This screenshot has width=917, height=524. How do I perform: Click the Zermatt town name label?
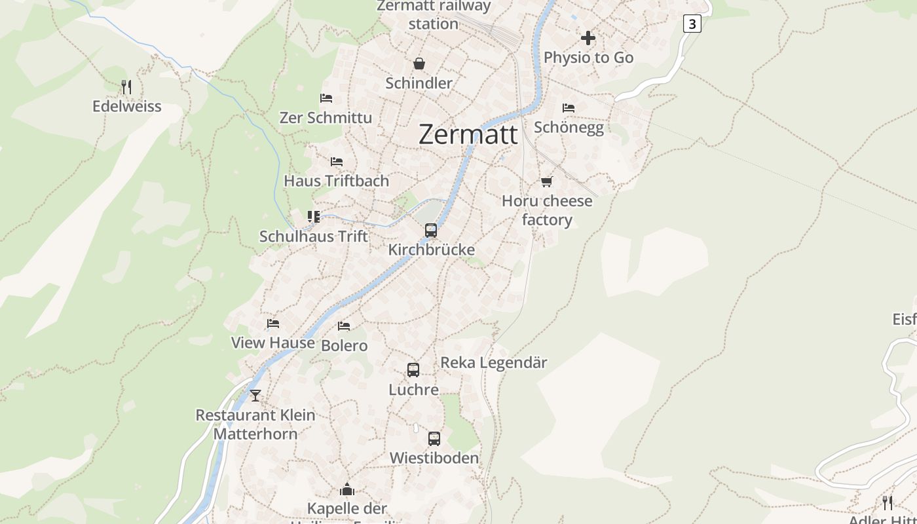click(468, 134)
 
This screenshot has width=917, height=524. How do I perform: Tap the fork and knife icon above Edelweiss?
click(126, 86)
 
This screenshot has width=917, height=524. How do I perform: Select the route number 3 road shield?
click(692, 24)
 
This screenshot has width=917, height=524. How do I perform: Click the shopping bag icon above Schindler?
click(419, 64)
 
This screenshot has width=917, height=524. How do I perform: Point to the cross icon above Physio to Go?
click(588, 38)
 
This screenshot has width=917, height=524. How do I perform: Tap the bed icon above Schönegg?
click(568, 107)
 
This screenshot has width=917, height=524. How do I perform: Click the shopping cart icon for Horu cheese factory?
click(546, 181)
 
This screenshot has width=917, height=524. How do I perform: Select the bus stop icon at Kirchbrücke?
click(430, 231)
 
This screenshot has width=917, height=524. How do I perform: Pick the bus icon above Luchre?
click(413, 370)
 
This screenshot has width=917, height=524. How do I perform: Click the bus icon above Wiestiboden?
click(434, 439)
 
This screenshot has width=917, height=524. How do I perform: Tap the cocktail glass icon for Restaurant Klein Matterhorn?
click(255, 396)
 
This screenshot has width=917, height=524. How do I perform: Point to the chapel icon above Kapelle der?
click(346, 489)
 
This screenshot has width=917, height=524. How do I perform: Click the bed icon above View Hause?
click(272, 324)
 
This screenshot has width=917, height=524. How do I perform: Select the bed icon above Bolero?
click(343, 326)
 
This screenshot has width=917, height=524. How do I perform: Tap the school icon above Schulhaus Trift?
click(313, 217)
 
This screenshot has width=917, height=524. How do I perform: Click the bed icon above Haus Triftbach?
click(336, 162)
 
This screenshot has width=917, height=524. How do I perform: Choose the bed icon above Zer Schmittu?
click(326, 99)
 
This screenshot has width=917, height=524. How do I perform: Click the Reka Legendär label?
click(493, 362)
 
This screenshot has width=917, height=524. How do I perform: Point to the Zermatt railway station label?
click(433, 15)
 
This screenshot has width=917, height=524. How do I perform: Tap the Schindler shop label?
click(419, 83)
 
